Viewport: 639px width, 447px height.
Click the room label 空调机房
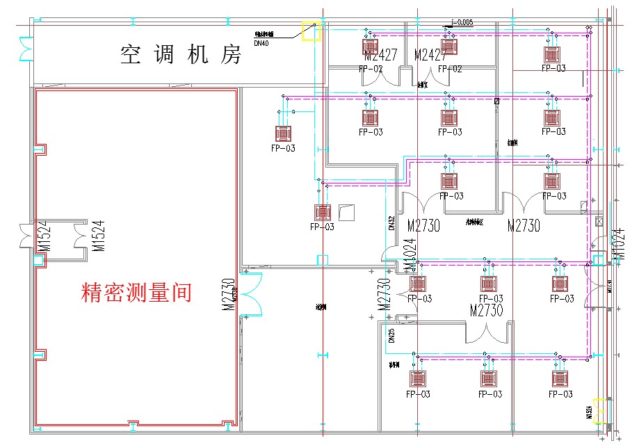(x=181, y=54)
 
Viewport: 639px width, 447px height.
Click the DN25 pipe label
(x=391, y=336)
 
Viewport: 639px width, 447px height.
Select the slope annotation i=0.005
(x=461, y=22)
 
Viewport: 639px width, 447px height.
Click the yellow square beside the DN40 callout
(x=310, y=31)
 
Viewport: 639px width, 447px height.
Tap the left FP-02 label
(x=371, y=69)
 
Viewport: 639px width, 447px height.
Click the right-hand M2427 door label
(x=430, y=54)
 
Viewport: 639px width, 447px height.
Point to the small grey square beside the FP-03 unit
(x=346, y=211)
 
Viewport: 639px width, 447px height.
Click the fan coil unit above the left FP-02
(x=371, y=46)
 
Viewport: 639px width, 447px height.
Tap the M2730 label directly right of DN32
(x=423, y=225)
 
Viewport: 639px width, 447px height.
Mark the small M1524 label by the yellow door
(x=589, y=409)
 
